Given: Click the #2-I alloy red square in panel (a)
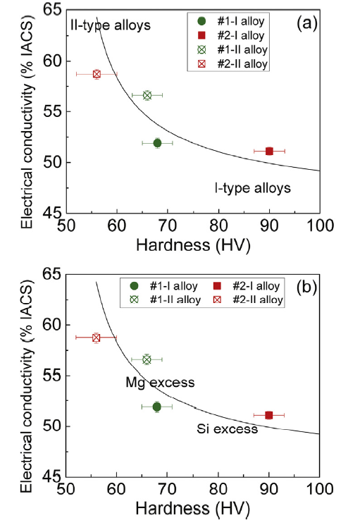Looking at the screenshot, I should [x=269, y=151].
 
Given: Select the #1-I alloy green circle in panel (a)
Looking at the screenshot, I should [x=157, y=143].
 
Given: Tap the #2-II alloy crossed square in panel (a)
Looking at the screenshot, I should [x=97, y=74].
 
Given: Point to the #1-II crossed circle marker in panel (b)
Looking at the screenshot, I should [x=147, y=359].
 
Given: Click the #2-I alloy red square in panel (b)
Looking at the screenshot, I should [x=269, y=415].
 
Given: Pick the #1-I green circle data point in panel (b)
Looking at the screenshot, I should [x=156, y=407].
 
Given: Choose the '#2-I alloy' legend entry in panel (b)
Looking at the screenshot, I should [x=252, y=286].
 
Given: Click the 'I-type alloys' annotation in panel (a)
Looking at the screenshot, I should [x=252, y=188].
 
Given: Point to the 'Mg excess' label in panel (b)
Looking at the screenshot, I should [x=159, y=382].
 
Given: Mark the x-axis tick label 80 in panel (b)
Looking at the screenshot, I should [x=218, y=490].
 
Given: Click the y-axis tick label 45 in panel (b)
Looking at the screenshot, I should [x=52, y=477].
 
